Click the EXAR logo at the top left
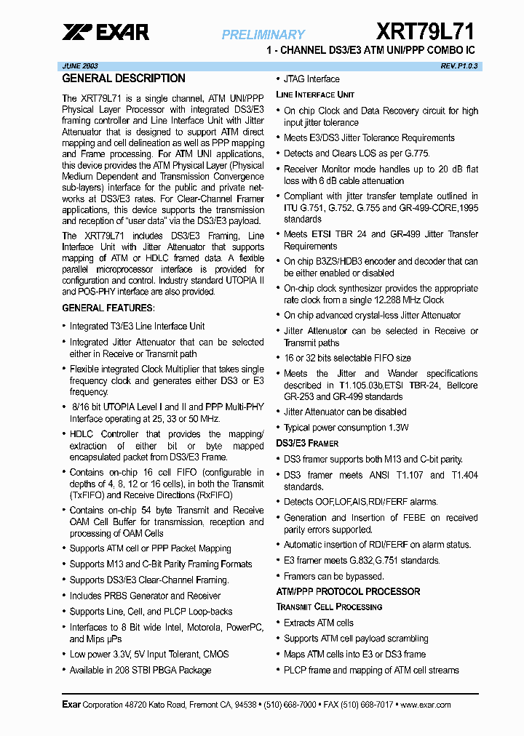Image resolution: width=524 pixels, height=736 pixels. point(106,32)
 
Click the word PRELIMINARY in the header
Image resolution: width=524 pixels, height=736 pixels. point(263,34)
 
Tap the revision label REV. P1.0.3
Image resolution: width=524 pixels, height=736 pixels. point(458,65)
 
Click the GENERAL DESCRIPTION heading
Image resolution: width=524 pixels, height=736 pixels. point(124,79)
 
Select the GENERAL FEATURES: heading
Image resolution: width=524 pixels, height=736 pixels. point(108,308)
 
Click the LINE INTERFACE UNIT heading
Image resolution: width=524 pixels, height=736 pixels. point(315,95)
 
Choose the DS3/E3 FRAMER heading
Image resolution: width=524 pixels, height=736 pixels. point(307,443)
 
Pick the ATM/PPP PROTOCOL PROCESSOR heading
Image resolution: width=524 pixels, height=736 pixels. point(348,591)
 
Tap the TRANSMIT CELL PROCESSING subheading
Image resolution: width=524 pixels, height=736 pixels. point(329,607)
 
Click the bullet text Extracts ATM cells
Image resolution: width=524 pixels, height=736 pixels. point(319,623)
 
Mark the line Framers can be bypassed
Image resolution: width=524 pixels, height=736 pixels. point(333,576)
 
